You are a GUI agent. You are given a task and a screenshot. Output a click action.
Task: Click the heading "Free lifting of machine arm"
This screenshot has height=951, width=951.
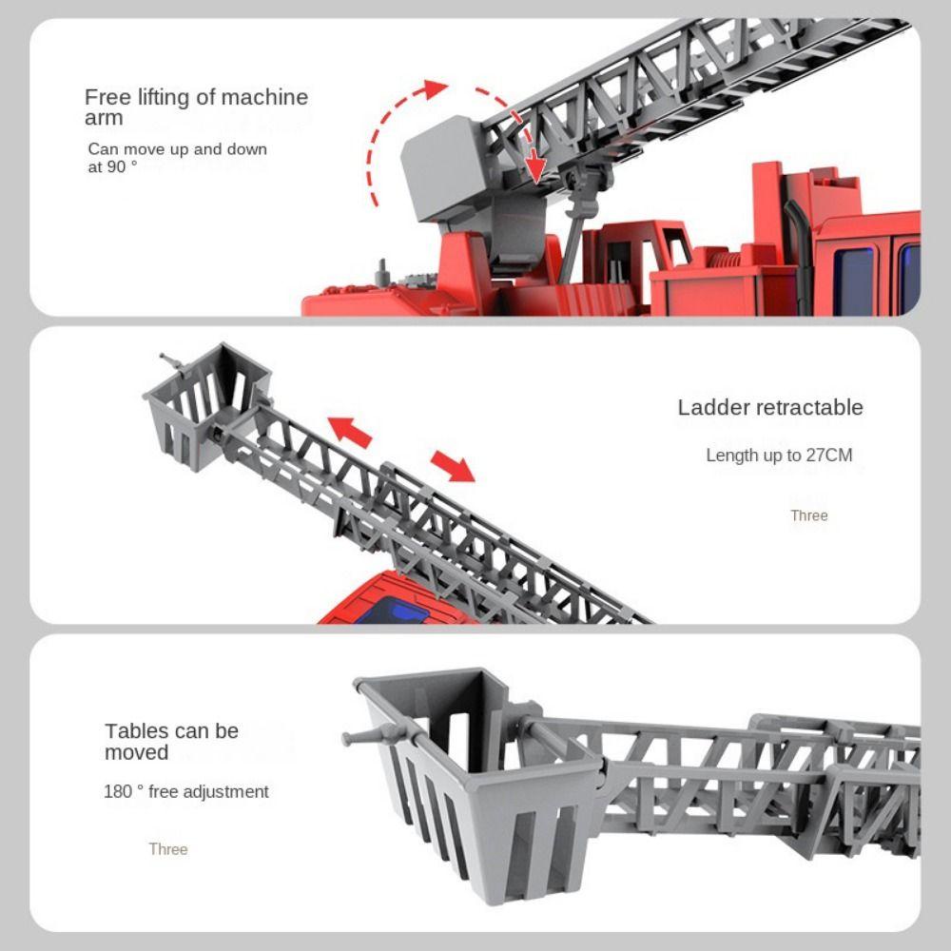196,107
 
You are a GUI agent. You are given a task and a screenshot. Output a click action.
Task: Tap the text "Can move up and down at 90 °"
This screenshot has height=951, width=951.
177,157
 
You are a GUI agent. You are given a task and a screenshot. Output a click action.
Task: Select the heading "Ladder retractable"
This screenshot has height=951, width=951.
770,408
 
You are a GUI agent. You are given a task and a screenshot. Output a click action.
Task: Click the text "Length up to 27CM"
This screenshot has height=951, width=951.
779,456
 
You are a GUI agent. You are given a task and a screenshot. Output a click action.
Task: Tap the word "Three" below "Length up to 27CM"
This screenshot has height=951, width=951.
809,516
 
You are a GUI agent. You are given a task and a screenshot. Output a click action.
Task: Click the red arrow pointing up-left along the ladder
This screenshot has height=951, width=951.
349,431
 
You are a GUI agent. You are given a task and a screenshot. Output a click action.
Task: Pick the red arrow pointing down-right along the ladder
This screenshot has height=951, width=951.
455,465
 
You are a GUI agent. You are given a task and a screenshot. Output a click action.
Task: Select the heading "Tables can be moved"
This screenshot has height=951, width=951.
171,742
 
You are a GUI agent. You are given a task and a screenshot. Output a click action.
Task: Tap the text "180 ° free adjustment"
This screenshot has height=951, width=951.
186,792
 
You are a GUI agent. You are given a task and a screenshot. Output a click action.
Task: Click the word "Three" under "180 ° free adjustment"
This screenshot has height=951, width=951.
168,849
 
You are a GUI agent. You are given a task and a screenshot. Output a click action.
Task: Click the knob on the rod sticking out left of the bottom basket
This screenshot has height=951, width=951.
349,739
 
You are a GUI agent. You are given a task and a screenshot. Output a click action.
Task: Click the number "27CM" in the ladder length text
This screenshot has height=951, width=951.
829,456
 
